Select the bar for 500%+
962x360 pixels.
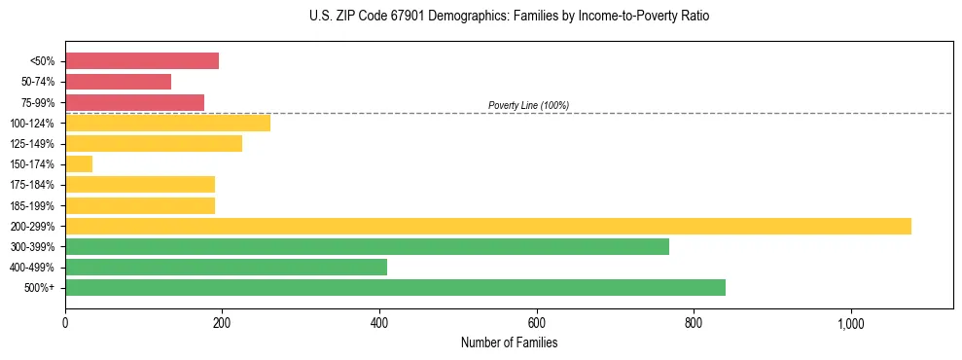pos(395,287)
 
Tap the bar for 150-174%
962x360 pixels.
pos(79,163)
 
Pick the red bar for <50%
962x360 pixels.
pos(142,61)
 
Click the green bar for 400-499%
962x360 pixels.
pos(226,267)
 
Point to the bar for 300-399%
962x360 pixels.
pos(367,246)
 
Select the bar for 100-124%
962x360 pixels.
pos(167,123)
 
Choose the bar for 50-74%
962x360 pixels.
pos(118,82)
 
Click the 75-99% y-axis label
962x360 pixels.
pos(38,103)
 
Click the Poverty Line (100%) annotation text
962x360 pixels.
pos(528,105)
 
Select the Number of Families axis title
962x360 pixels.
pos(509,342)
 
